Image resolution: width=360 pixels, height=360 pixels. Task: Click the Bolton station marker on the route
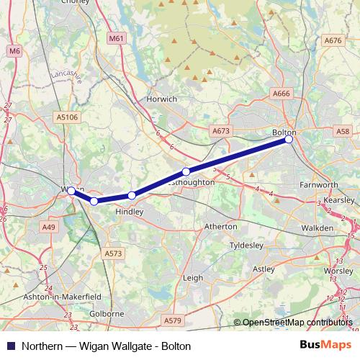289,140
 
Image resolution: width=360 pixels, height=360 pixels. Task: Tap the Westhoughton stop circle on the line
186,171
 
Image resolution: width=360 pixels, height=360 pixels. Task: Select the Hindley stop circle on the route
132,195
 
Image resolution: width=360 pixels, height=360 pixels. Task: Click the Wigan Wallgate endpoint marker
71,191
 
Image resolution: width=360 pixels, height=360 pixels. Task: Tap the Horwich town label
161,99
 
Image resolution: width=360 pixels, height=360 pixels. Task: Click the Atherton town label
221,226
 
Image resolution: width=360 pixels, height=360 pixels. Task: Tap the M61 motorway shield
115,37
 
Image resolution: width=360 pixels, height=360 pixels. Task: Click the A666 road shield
281,94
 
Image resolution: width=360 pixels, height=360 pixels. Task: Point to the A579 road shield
173,320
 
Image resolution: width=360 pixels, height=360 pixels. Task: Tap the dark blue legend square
10,346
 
